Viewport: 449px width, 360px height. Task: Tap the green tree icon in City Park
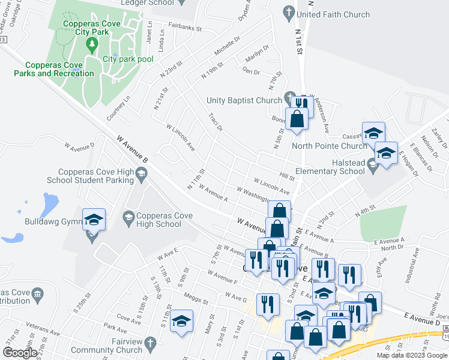(91, 44)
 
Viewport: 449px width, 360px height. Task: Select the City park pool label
(128, 59)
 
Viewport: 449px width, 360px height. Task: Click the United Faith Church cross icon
(289, 12)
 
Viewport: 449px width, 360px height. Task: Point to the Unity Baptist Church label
(244, 100)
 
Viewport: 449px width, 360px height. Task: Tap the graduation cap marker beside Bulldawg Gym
(94, 220)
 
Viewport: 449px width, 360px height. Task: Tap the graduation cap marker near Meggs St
(181, 321)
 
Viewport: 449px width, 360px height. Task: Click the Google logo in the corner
(20, 353)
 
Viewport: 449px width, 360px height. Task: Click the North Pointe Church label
(329, 145)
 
